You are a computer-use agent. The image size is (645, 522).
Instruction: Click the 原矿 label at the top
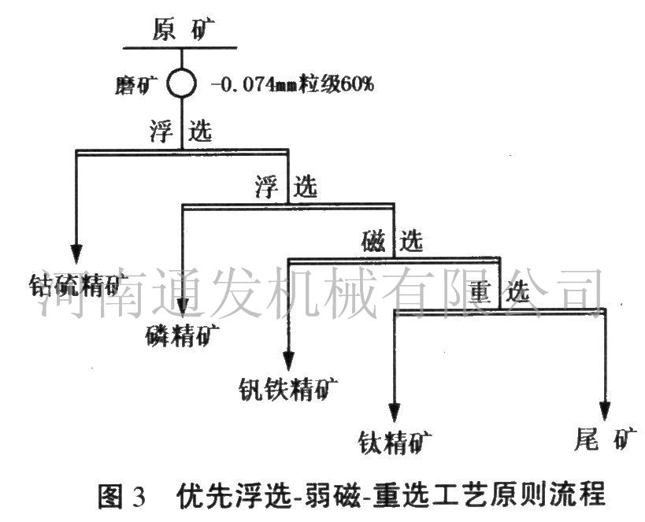tap(183, 30)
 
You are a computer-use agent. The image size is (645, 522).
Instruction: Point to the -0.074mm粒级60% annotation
tap(292, 84)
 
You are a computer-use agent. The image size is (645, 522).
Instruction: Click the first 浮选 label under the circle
tap(181, 131)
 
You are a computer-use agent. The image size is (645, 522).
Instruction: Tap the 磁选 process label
tap(392, 241)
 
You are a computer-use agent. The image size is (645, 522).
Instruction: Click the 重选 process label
tap(499, 292)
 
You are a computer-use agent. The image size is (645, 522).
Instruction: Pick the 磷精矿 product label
tap(182, 335)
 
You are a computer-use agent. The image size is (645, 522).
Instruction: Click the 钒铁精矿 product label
tap(288, 388)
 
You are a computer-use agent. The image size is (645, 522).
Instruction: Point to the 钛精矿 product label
tap(395, 442)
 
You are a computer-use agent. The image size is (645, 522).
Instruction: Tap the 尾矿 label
tap(606, 439)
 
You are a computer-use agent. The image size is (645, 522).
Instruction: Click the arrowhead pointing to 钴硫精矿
tap(76, 254)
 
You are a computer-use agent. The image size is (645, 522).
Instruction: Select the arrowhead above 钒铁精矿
tap(289, 362)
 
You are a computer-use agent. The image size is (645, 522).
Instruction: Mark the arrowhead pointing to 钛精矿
tap(395, 413)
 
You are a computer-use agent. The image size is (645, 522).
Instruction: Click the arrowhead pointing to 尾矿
tap(605, 411)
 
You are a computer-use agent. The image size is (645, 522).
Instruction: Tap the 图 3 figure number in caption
tap(122, 496)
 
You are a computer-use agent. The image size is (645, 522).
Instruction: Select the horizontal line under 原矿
tap(180, 48)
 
